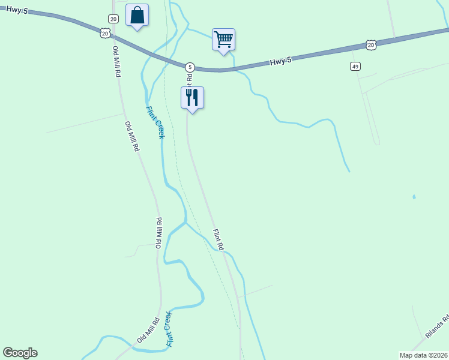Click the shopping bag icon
137,16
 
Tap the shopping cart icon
223,40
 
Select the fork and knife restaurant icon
192,97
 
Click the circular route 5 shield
190,67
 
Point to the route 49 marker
356,66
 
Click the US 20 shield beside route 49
371,45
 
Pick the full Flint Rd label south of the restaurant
218,239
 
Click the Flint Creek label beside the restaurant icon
155,122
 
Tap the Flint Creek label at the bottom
169,329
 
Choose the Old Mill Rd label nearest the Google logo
147,329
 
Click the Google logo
20,353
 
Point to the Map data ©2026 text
423,355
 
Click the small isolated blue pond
414,197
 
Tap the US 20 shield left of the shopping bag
105,34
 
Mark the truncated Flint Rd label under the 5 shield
189,77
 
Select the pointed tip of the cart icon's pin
224,55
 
